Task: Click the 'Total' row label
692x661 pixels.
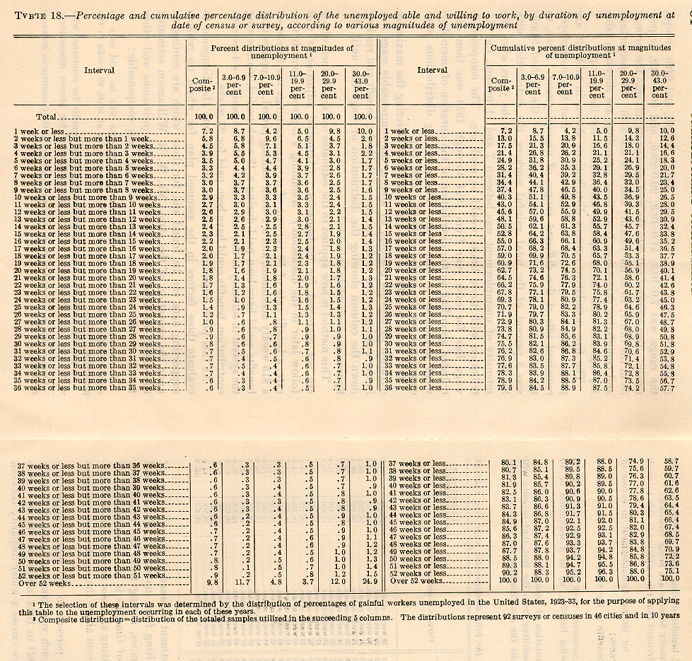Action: pyautogui.click(x=47, y=117)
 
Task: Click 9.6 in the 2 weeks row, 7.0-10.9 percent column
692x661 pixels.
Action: pyautogui.click(x=265, y=139)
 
